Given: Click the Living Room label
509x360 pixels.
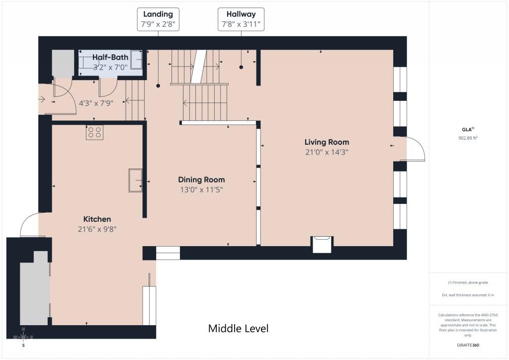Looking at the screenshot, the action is point(327,142).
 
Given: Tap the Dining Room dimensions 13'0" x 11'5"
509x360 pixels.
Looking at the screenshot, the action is point(201,189).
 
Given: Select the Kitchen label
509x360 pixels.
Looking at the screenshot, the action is point(97,219).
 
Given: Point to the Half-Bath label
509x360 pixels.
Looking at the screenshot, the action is point(110,58).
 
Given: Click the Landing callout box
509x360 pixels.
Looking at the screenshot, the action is point(158,19).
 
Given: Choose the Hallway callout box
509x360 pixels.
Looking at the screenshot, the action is point(241,19).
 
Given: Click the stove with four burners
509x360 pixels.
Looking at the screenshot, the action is point(94,132).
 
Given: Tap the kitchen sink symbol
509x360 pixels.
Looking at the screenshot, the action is point(135,180).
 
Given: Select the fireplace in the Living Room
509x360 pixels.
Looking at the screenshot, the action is point(322,245).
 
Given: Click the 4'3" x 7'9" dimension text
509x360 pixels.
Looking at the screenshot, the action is point(96,103).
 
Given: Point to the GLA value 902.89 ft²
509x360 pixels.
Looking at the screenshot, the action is point(468,138).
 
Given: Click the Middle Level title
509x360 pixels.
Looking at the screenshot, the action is point(238,329).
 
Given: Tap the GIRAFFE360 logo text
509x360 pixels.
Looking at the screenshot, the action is point(468,345).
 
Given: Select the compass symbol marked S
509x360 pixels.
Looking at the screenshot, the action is point(23,338).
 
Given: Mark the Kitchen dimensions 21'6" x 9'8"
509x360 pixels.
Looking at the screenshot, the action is point(97,229).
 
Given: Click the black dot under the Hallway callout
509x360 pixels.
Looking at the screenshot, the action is point(241,67).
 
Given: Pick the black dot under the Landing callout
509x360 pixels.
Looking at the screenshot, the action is point(158,86).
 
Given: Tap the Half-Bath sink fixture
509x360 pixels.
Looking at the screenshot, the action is point(136,60).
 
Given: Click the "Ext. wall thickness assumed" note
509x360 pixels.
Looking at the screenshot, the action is point(468,295).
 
